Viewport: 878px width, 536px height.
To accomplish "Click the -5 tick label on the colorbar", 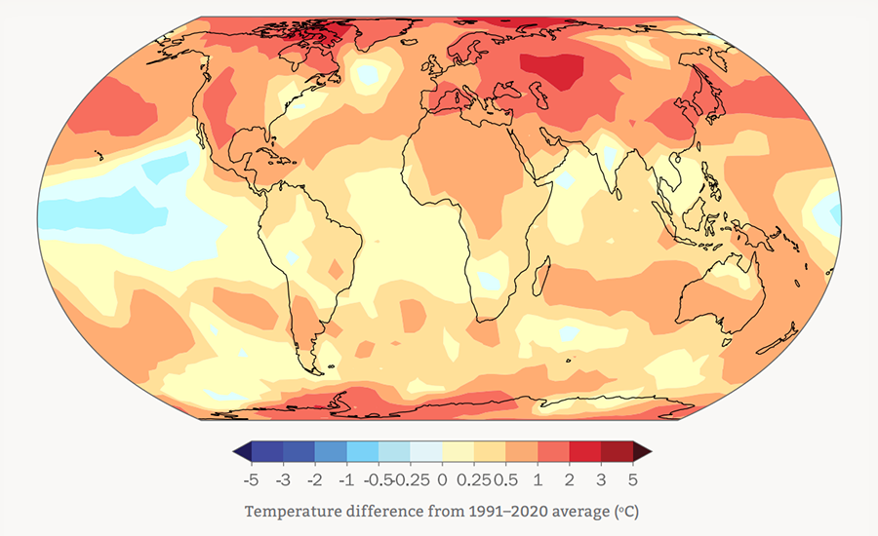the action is [251, 480].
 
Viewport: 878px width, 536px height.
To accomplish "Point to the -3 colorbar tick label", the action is [283, 480].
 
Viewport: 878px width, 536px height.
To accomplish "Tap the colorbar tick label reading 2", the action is [570, 480].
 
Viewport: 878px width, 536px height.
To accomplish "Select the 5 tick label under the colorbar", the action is [633, 480].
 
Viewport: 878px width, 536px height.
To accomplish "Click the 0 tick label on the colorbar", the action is [442, 480].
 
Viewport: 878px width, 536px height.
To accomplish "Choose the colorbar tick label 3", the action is [601, 480].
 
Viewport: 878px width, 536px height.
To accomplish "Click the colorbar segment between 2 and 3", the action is [585, 451].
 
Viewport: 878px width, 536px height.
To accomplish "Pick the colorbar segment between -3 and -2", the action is [299, 451].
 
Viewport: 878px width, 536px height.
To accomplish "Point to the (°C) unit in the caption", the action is [626, 512].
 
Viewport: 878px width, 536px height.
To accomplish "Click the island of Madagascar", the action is [540, 278].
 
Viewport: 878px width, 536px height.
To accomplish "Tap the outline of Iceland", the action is [410, 42].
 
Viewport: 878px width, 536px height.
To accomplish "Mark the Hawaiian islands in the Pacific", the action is [99, 155].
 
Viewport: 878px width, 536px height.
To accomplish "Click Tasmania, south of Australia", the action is [726, 341].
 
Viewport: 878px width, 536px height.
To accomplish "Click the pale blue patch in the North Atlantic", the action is [368, 74].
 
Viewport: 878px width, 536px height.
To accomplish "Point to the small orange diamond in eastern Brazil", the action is [336, 269].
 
